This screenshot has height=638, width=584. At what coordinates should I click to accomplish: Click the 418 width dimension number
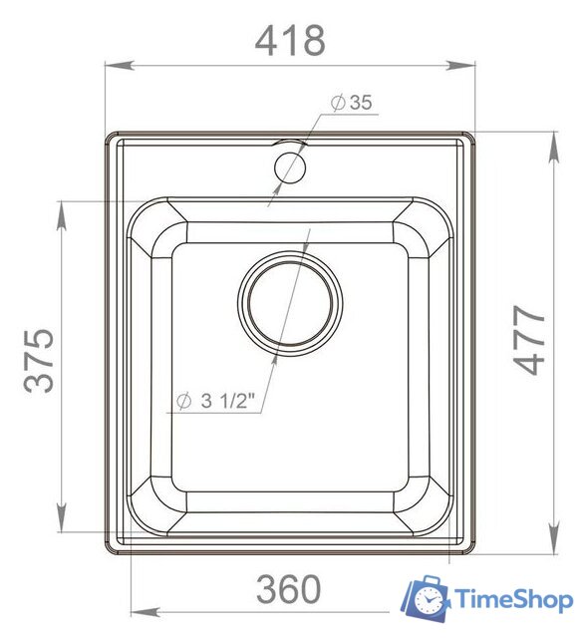[x=290, y=40]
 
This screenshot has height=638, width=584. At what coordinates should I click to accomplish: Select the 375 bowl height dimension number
[x=40, y=359]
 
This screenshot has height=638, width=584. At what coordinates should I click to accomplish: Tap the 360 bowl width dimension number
[x=289, y=590]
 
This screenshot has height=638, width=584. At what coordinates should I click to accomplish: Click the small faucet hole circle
[x=290, y=163]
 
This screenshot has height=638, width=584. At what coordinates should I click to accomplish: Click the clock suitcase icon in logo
[x=426, y=598]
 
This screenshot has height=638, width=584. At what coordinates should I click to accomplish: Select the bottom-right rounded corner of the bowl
[x=429, y=513]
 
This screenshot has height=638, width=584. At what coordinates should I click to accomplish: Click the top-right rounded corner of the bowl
[x=429, y=225]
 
